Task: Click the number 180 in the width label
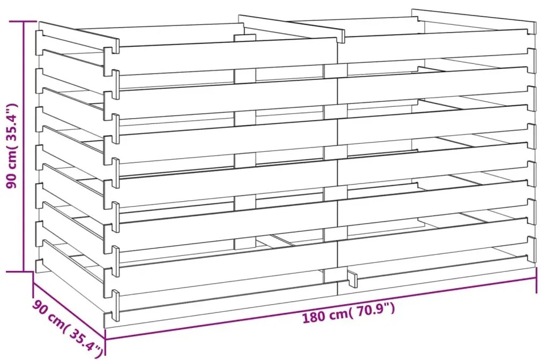pyautogui.click(x=313, y=317)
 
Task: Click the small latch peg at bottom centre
pyautogui.click(x=352, y=279)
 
